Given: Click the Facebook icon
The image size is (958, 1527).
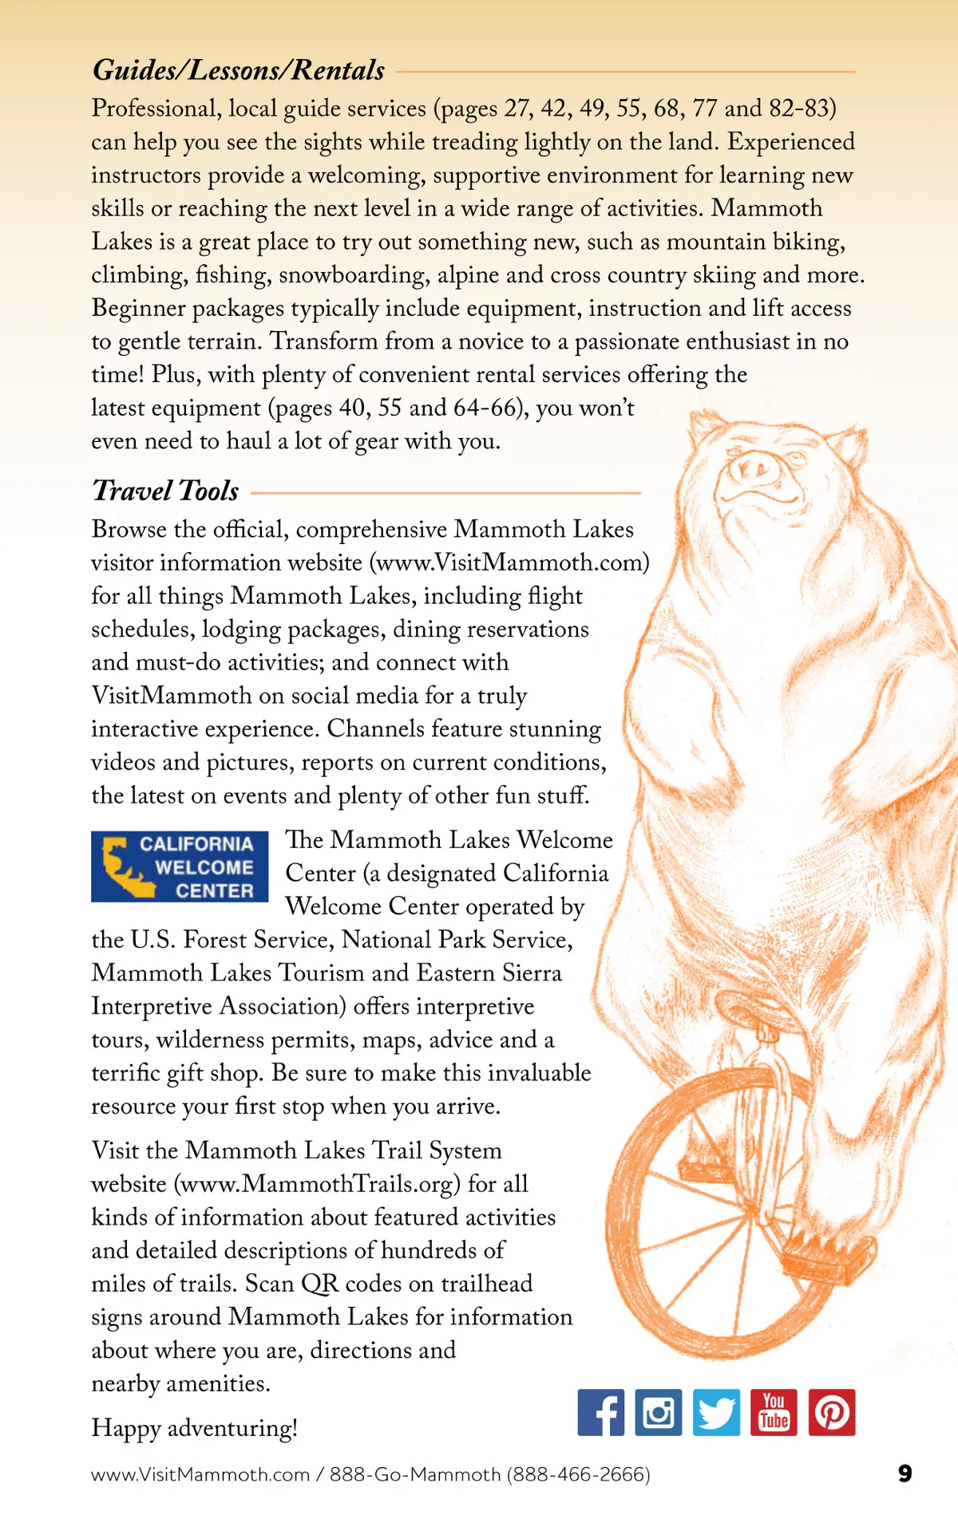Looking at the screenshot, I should click(x=601, y=1412).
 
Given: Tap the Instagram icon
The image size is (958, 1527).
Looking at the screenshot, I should click(x=659, y=1412).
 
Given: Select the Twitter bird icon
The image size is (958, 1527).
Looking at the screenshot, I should click(x=716, y=1412).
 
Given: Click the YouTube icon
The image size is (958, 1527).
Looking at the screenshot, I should click(x=774, y=1412).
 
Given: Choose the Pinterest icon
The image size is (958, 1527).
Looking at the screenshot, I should click(x=832, y=1412).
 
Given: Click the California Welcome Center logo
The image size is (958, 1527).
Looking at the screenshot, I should click(x=180, y=866).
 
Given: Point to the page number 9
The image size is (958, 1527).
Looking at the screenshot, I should click(x=905, y=1474).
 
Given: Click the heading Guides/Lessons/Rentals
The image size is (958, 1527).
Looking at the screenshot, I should click(x=239, y=70).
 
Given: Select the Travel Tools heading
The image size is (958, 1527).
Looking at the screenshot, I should click(x=165, y=491).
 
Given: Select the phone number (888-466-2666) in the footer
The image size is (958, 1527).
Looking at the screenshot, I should click(x=579, y=1474).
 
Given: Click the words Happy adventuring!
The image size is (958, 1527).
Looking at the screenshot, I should click(x=195, y=1428).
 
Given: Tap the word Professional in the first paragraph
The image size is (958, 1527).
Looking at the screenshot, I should click(x=156, y=109).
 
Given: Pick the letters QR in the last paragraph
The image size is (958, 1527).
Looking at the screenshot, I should click(x=319, y=1284).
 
